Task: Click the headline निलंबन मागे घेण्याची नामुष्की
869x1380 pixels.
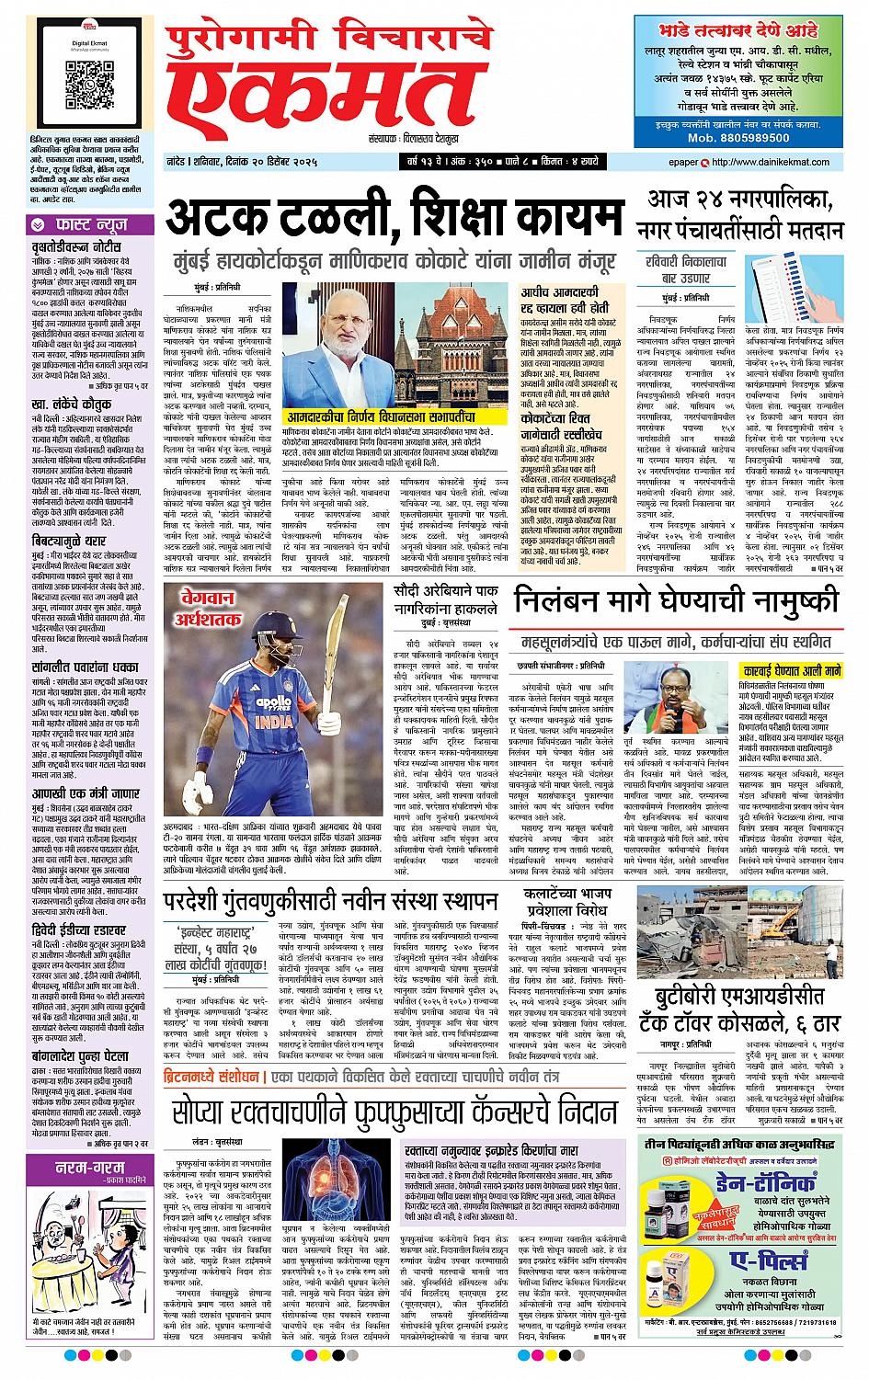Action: pyautogui.click(x=676, y=600)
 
